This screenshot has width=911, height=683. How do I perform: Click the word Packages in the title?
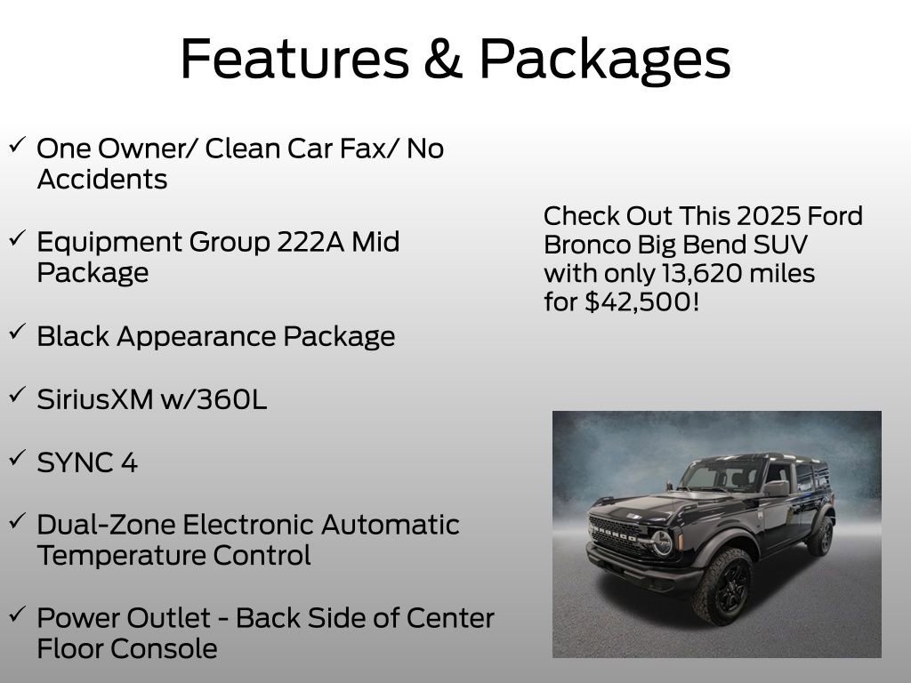point(605,60)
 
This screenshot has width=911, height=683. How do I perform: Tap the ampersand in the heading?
point(443,59)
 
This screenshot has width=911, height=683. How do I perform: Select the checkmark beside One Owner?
point(17,145)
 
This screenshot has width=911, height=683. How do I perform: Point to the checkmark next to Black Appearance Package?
point(17,333)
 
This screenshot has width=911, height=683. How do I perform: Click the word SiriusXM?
point(94,399)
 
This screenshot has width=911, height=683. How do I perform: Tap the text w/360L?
point(214,399)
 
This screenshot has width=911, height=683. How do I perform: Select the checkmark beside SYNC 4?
point(17,458)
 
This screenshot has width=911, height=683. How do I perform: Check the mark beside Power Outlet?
point(17,614)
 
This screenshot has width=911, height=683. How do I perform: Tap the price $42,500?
point(642,302)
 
